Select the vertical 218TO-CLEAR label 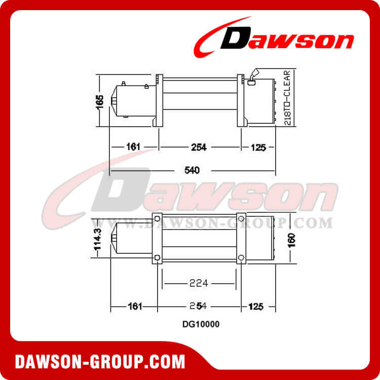(x=287, y=99)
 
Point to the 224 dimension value (x=199, y=283)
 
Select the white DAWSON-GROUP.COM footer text (x=100, y=362)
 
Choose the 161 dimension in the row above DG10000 (x=134, y=307)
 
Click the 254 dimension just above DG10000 (x=199, y=307)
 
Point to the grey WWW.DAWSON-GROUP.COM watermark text (x=213, y=223)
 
